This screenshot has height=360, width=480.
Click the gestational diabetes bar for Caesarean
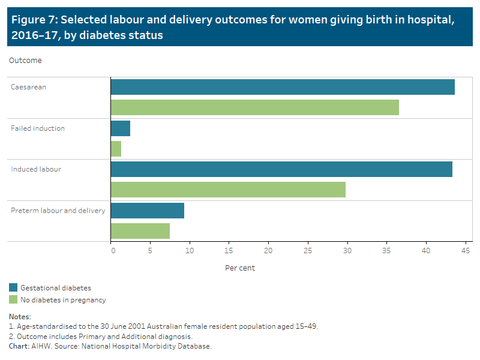coord(283,87)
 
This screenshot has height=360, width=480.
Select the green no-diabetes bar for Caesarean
coord(255,107)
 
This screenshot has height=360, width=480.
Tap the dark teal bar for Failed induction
coord(121,128)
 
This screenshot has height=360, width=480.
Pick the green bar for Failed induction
coord(116,149)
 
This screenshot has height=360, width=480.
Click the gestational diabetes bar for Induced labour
coord(281,169)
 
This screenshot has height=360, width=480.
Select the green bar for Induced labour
coord(228,190)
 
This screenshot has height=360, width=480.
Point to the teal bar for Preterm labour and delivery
coord(148,211)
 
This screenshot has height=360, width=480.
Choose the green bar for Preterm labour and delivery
coord(140,231)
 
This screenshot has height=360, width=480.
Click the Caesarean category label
coord(29,87)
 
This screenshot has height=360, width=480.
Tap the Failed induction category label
coord(38,128)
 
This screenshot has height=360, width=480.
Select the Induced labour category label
coord(36,169)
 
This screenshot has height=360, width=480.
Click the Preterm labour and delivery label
coord(58,211)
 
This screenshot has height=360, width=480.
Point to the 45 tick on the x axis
coord(464,251)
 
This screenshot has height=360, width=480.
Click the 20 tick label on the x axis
coord(268,251)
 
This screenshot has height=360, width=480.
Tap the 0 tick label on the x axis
coord(113,251)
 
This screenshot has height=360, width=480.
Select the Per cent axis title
coord(240,268)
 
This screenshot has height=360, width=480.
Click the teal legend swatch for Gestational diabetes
coord(13,288)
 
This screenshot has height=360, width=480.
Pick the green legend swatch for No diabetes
coord(13,299)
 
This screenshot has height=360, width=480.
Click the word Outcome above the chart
coord(25,61)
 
